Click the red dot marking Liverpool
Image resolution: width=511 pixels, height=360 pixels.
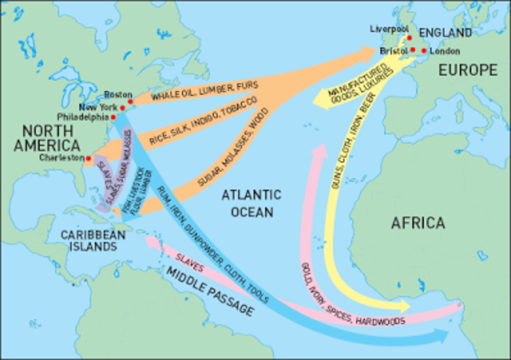409,37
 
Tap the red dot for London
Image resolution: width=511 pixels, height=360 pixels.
424,50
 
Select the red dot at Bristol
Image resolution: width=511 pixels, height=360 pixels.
414,50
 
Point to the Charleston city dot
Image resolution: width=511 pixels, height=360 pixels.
88,158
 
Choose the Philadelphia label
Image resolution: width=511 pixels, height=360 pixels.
84,116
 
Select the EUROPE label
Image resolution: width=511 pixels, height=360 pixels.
467,70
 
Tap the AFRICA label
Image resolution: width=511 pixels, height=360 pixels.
418,223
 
